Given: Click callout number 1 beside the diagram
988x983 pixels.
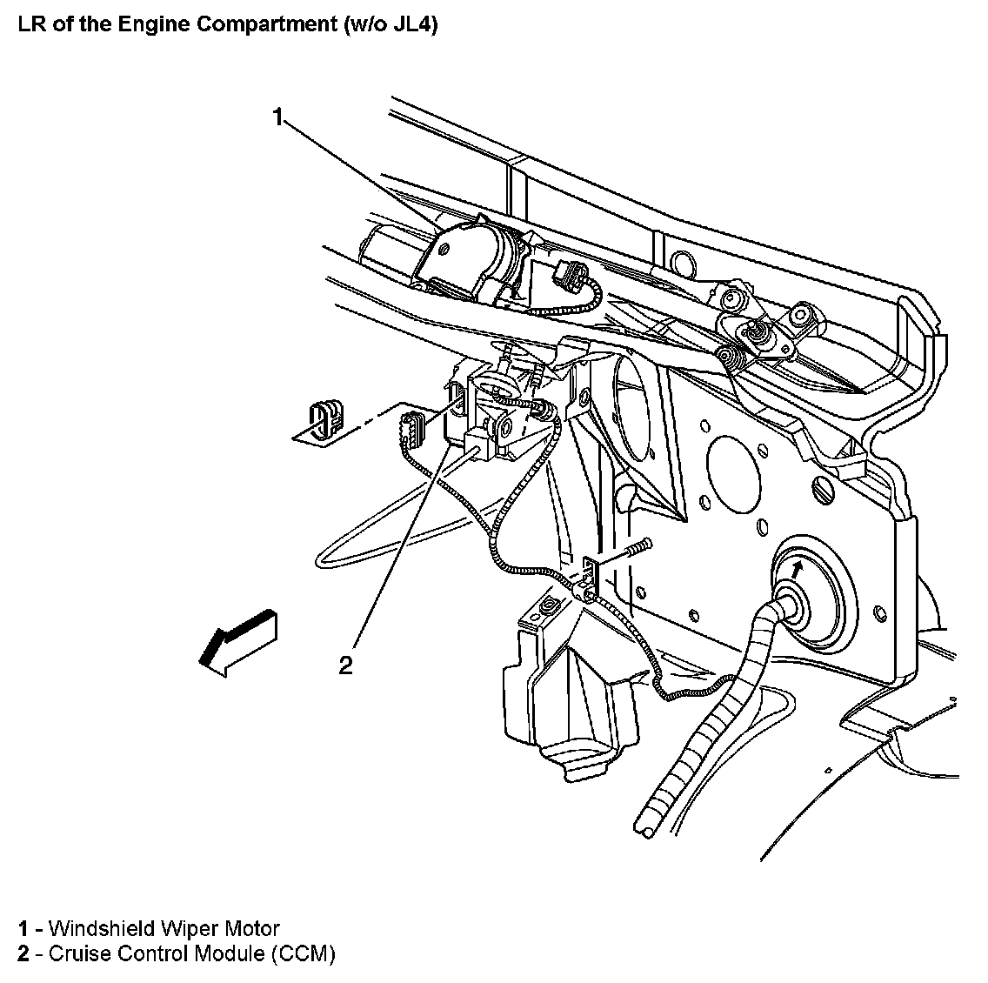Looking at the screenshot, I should tap(278, 117).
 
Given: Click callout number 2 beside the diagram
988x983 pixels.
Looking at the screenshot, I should tap(346, 665).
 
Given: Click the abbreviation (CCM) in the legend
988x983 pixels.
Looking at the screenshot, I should tap(303, 953).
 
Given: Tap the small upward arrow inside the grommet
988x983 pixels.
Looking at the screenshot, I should tap(796, 569).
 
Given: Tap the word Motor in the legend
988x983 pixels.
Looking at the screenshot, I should tap(254, 929).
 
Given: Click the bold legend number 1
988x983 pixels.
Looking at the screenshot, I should tap(23, 929).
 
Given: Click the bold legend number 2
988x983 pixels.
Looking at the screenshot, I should tap(23, 953).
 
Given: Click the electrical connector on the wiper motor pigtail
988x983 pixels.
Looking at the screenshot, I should tap(567, 275).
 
